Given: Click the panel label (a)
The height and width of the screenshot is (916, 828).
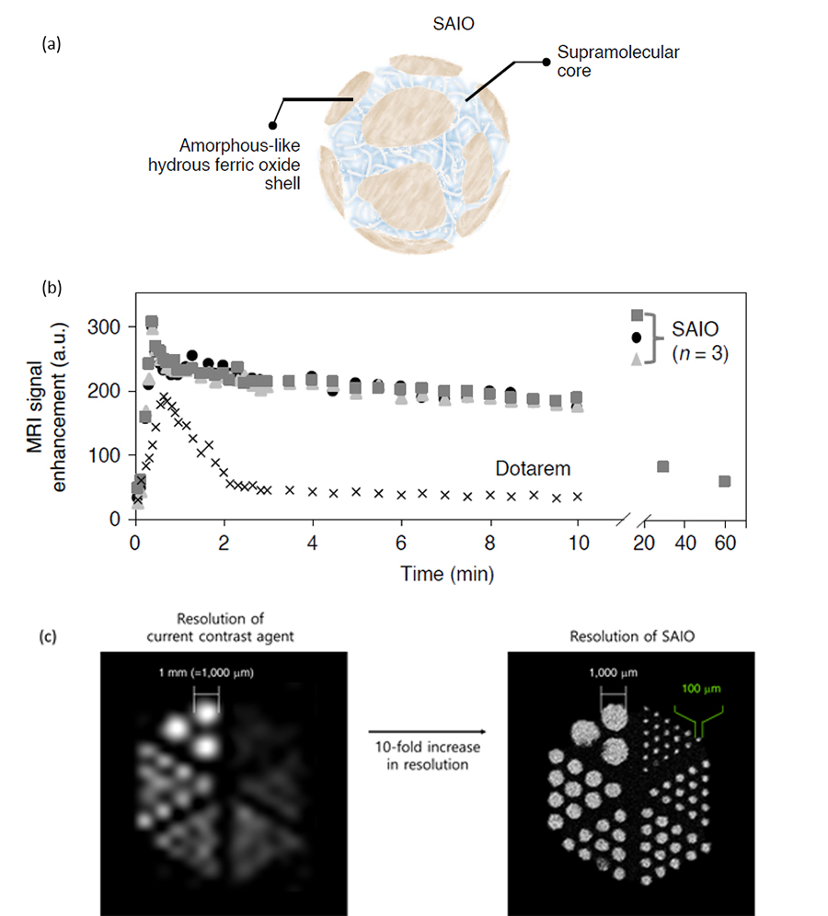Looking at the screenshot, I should [52, 43].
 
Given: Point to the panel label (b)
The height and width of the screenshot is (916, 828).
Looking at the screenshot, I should [52, 286].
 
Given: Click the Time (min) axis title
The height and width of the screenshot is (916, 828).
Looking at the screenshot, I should [448, 575].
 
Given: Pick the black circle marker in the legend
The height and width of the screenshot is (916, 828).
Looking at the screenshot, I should [637, 337].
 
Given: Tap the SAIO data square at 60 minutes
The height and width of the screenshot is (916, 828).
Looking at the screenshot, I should [724, 481].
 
